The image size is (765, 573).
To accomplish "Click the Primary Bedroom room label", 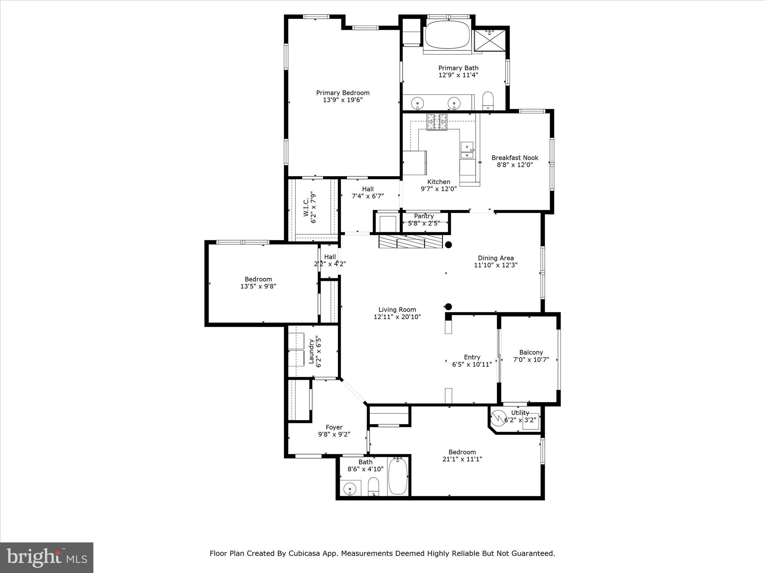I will click(x=343, y=93).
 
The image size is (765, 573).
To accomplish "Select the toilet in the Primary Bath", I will click(x=488, y=101).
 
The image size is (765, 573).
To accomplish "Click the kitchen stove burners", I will click(x=437, y=122).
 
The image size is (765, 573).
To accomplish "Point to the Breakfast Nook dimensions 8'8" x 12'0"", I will click(x=514, y=165).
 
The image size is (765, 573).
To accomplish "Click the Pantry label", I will click(x=424, y=216).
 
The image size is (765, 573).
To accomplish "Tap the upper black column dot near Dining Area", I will click(x=449, y=245).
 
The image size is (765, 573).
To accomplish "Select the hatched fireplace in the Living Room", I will click(x=410, y=241).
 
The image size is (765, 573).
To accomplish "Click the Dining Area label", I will click(x=496, y=258).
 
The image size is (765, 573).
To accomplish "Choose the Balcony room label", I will click(x=531, y=353).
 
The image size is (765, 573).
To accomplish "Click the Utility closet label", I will click(x=520, y=413).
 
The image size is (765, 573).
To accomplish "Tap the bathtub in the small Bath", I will click(x=399, y=476).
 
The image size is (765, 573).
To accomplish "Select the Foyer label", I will click(x=334, y=428).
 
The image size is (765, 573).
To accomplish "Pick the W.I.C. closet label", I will click(x=306, y=207).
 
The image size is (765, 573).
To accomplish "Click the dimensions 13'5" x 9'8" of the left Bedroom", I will click(x=258, y=286).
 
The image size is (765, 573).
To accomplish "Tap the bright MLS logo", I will click(x=47, y=557).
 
